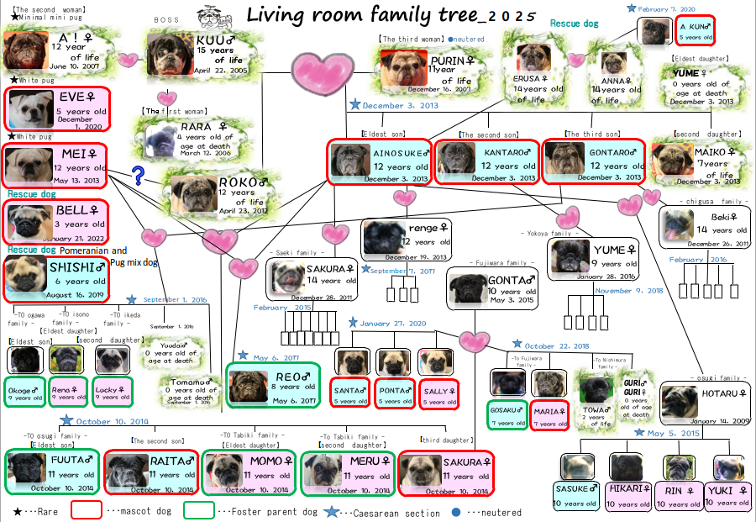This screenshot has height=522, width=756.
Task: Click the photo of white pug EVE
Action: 30,108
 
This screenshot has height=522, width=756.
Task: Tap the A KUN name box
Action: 696,31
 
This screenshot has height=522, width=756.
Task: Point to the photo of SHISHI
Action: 26,275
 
